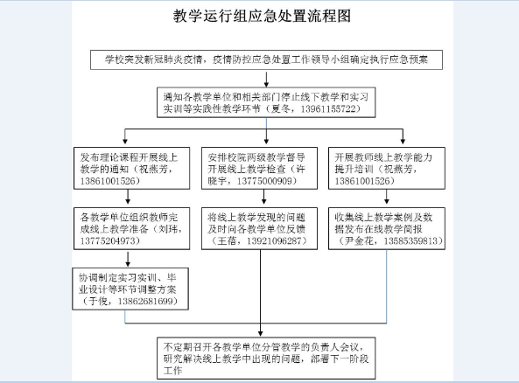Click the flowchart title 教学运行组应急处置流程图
[x=262, y=16]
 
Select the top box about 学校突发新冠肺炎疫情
[x=266, y=59]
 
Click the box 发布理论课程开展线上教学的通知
[x=132, y=169]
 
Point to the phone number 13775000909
[x=264, y=181]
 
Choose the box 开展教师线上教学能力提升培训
[x=387, y=169]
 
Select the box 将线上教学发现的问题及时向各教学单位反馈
[x=259, y=228]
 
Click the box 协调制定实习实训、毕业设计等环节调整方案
[x=130, y=289]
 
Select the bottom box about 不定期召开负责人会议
[x=266, y=359]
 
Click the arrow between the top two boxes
[x=266, y=79]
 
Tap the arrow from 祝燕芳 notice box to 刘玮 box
[x=128, y=197]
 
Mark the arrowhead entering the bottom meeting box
[x=261, y=334]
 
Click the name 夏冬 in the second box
[x=280, y=108]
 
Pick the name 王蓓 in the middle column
[x=227, y=240]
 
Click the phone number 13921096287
[x=274, y=240]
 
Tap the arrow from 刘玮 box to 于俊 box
[x=128, y=259]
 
